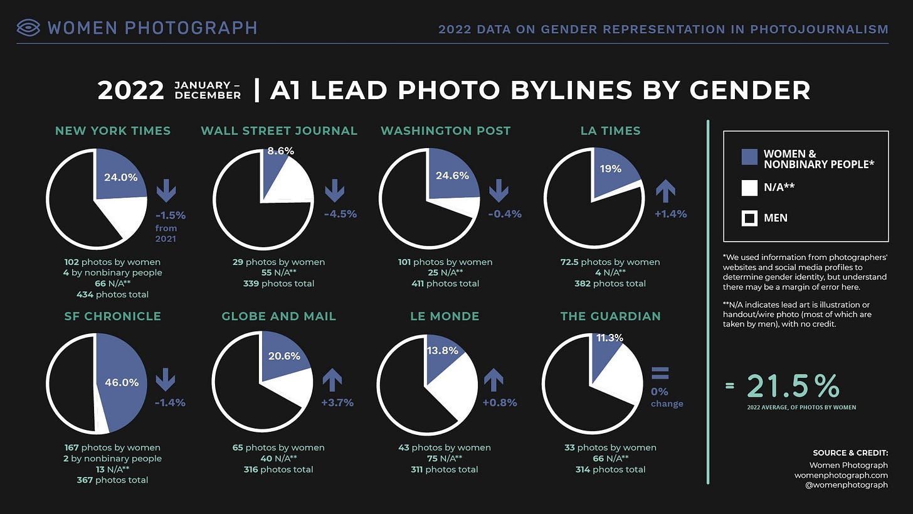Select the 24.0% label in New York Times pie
120,177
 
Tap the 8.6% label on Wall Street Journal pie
280,151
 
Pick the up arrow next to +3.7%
332,380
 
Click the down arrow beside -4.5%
334,190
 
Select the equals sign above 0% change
660,374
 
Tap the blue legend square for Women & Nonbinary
750,157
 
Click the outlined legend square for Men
750,218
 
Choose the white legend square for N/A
750,188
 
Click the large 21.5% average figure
793,387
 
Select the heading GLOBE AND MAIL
279,316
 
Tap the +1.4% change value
670,214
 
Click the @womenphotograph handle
852,485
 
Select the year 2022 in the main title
131,90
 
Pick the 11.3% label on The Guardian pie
610,338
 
